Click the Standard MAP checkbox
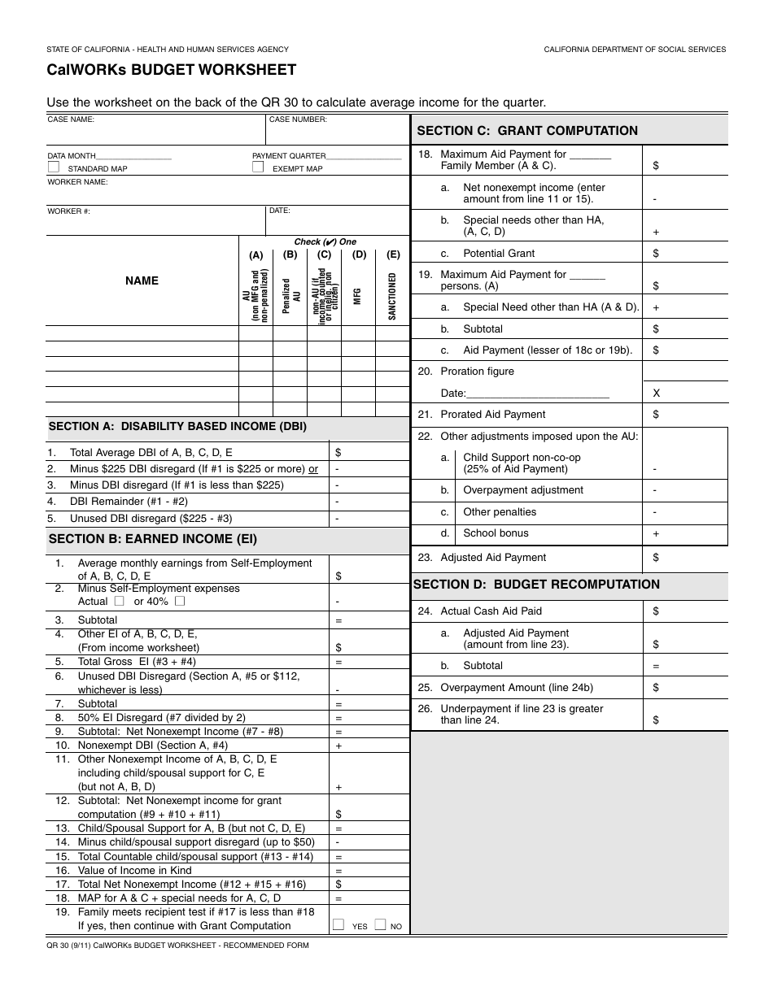point(54,167)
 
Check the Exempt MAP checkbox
point(258,167)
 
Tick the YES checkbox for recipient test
point(338,924)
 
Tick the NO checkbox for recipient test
point(380,924)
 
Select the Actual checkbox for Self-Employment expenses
point(120,601)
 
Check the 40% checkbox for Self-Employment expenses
point(180,601)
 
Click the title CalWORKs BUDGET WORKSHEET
point(172,70)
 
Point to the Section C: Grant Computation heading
point(527,130)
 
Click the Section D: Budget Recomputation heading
point(536,584)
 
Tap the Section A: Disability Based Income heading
point(177,426)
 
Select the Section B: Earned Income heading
point(153,538)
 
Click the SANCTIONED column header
point(393,296)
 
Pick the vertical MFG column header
point(358,296)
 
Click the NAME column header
point(142,280)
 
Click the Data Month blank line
point(134,155)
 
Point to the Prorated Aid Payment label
point(492,415)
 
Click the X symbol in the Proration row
point(656,393)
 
